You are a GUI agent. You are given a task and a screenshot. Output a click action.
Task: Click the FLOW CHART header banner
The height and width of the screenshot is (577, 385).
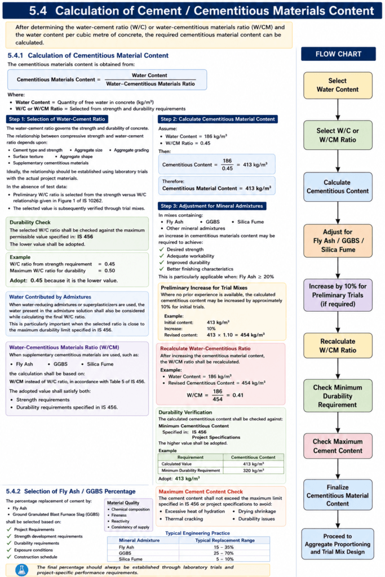(338, 54)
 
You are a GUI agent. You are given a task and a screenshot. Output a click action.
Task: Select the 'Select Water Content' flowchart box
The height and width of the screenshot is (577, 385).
(338, 86)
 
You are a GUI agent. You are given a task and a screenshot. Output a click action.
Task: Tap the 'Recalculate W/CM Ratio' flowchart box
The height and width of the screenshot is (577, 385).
(338, 346)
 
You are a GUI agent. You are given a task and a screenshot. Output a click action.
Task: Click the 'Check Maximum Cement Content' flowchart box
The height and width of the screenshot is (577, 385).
(338, 446)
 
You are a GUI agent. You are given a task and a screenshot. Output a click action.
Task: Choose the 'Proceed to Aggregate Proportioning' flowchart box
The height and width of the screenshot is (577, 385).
(338, 544)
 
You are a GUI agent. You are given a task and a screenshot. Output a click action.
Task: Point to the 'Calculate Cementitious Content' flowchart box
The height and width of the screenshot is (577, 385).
(338, 187)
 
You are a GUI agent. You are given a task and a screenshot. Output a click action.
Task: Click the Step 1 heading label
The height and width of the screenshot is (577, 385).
(57, 119)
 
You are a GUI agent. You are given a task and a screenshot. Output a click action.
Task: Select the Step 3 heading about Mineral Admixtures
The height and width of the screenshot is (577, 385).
(212, 206)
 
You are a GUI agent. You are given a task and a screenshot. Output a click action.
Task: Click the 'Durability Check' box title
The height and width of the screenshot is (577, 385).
(30, 222)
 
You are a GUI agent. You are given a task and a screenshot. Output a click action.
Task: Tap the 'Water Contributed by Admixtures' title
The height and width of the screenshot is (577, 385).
(50, 297)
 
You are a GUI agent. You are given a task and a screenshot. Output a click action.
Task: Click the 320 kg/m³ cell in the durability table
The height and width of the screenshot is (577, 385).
(253, 471)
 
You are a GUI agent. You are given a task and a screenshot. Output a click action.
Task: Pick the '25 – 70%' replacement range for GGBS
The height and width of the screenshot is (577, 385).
(224, 553)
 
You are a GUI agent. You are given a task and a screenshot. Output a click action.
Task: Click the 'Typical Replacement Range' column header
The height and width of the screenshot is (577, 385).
(225, 540)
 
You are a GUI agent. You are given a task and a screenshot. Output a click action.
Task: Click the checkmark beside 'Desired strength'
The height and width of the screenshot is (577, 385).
(161, 249)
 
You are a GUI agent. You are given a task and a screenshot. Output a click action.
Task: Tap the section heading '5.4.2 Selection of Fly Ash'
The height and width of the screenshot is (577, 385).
(70, 491)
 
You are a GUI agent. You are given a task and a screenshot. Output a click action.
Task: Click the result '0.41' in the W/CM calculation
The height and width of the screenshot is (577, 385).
(238, 395)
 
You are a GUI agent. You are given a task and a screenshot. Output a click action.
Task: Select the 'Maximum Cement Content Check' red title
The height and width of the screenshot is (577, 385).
(201, 491)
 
